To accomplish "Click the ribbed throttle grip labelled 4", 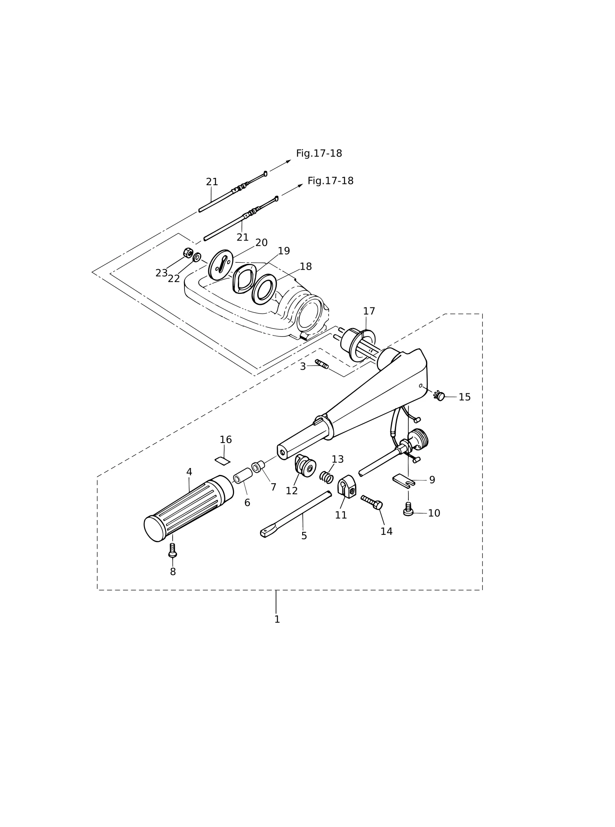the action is click(189, 508).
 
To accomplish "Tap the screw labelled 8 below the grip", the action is click(173, 550).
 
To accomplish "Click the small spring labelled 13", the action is click(326, 477).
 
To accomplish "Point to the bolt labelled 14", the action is click(372, 502).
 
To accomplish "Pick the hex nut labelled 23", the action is click(188, 253).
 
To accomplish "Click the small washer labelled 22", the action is click(197, 257).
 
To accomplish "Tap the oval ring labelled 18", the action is click(264, 289).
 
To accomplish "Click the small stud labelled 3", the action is click(322, 364).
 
